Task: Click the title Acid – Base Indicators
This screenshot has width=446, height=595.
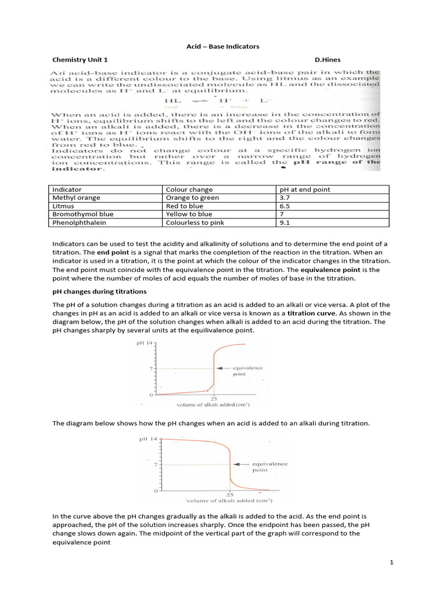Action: pos(222,46)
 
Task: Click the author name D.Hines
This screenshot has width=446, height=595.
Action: pos(328,60)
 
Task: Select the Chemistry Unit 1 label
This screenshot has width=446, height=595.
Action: pos(80,60)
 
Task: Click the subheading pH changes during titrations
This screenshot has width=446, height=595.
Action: pos(99,291)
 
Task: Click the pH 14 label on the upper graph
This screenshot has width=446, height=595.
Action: pos(144,343)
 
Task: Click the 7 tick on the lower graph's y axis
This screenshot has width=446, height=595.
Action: pos(156,465)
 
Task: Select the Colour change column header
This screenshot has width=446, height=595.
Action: pos(189,189)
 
